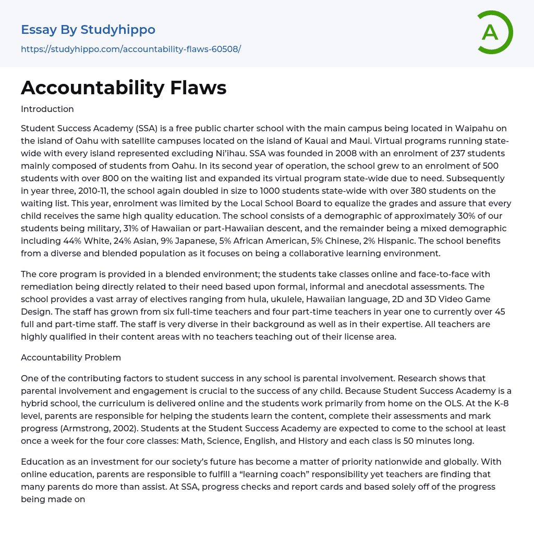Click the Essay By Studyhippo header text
(x=88, y=30)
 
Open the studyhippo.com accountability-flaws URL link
(x=131, y=49)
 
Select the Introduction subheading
(x=47, y=109)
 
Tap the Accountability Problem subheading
(x=71, y=357)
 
